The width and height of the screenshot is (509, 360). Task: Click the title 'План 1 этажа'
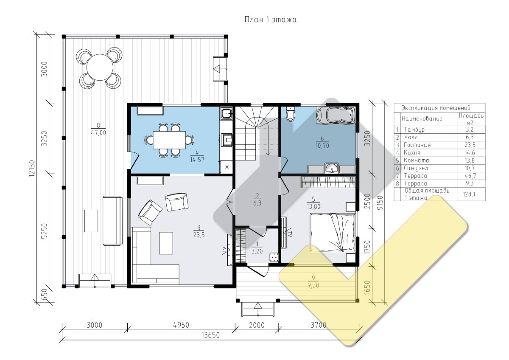(271, 20)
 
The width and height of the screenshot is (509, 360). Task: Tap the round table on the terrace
(100, 67)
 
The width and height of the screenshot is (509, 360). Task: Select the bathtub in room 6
(336, 115)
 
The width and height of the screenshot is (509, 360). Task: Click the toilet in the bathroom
(291, 114)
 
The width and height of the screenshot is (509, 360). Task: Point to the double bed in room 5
(333, 232)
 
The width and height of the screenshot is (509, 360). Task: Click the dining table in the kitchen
(169, 140)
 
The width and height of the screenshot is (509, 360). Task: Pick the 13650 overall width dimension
(210, 335)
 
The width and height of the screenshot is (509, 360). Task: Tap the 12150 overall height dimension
(32, 168)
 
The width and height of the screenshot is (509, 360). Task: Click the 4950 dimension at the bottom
(181, 325)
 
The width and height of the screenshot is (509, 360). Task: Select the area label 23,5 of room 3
(199, 235)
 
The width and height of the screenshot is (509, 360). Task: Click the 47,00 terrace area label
(98, 132)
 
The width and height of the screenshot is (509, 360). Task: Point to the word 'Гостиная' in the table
(417, 145)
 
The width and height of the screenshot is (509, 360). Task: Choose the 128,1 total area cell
(469, 194)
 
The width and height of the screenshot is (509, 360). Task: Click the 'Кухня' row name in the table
(412, 152)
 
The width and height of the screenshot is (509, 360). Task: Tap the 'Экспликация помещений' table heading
(436, 108)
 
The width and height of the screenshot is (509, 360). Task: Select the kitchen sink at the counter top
(226, 114)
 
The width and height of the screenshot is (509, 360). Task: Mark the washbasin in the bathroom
(332, 168)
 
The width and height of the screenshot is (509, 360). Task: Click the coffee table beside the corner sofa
(166, 243)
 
